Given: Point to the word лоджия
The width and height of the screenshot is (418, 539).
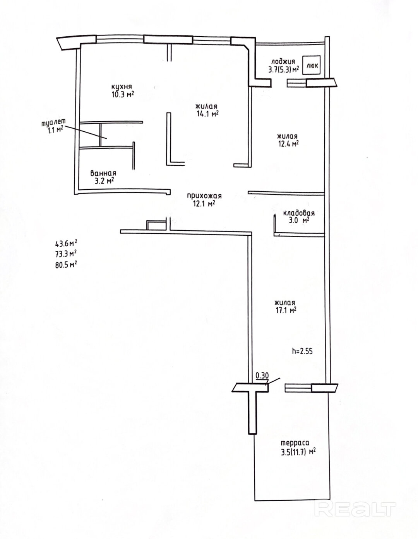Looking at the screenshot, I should [x=283, y=61].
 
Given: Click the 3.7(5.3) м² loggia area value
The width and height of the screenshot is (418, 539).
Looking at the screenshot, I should [x=284, y=70].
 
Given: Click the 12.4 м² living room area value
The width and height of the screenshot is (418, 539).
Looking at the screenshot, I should [x=287, y=143].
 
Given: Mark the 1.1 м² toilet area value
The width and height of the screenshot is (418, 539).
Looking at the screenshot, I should [x=55, y=130].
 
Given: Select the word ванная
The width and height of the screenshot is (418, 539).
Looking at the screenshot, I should [x=103, y=173].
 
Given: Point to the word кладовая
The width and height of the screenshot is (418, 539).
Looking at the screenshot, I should [x=299, y=213].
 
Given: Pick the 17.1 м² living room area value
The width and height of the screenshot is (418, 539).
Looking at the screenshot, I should [x=285, y=310].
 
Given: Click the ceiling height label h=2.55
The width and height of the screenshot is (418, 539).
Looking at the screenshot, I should [x=302, y=352].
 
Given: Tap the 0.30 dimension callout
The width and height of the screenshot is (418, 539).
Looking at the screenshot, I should [x=262, y=375].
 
